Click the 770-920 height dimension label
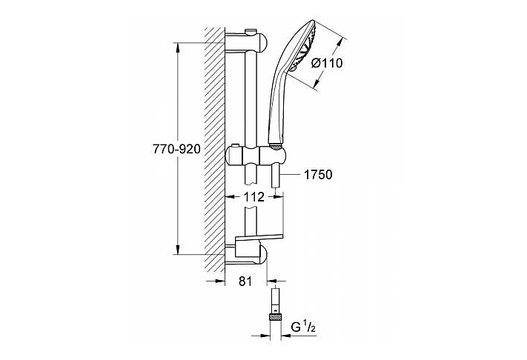click(176, 149)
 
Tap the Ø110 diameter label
click(327, 63)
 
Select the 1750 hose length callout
click(318, 174)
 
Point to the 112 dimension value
click(254, 197)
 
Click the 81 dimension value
click(245, 281)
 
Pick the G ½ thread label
click(303, 327)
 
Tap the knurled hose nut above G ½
click(276, 316)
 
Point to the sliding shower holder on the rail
click(256, 155)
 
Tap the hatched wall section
click(215, 150)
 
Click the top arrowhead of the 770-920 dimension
click(178, 47)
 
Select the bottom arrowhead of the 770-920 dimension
click(178, 249)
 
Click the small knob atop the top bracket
click(250, 32)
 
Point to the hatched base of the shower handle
click(276, 146)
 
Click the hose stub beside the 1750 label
click(276, 176)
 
